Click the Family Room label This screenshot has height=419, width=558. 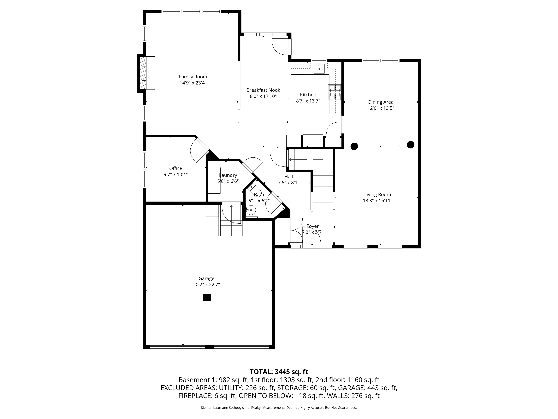tap(193, 77)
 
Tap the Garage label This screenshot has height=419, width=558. tap(206, 278)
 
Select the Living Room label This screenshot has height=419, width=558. tap(377, 194)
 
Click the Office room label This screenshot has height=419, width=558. tap(176, 168)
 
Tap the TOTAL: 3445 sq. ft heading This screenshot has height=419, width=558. tap(279, 372)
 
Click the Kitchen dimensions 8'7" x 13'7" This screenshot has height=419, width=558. tap(308, 101)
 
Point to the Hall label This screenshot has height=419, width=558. tap(289, 177)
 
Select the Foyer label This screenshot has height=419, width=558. tap(313, 226)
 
